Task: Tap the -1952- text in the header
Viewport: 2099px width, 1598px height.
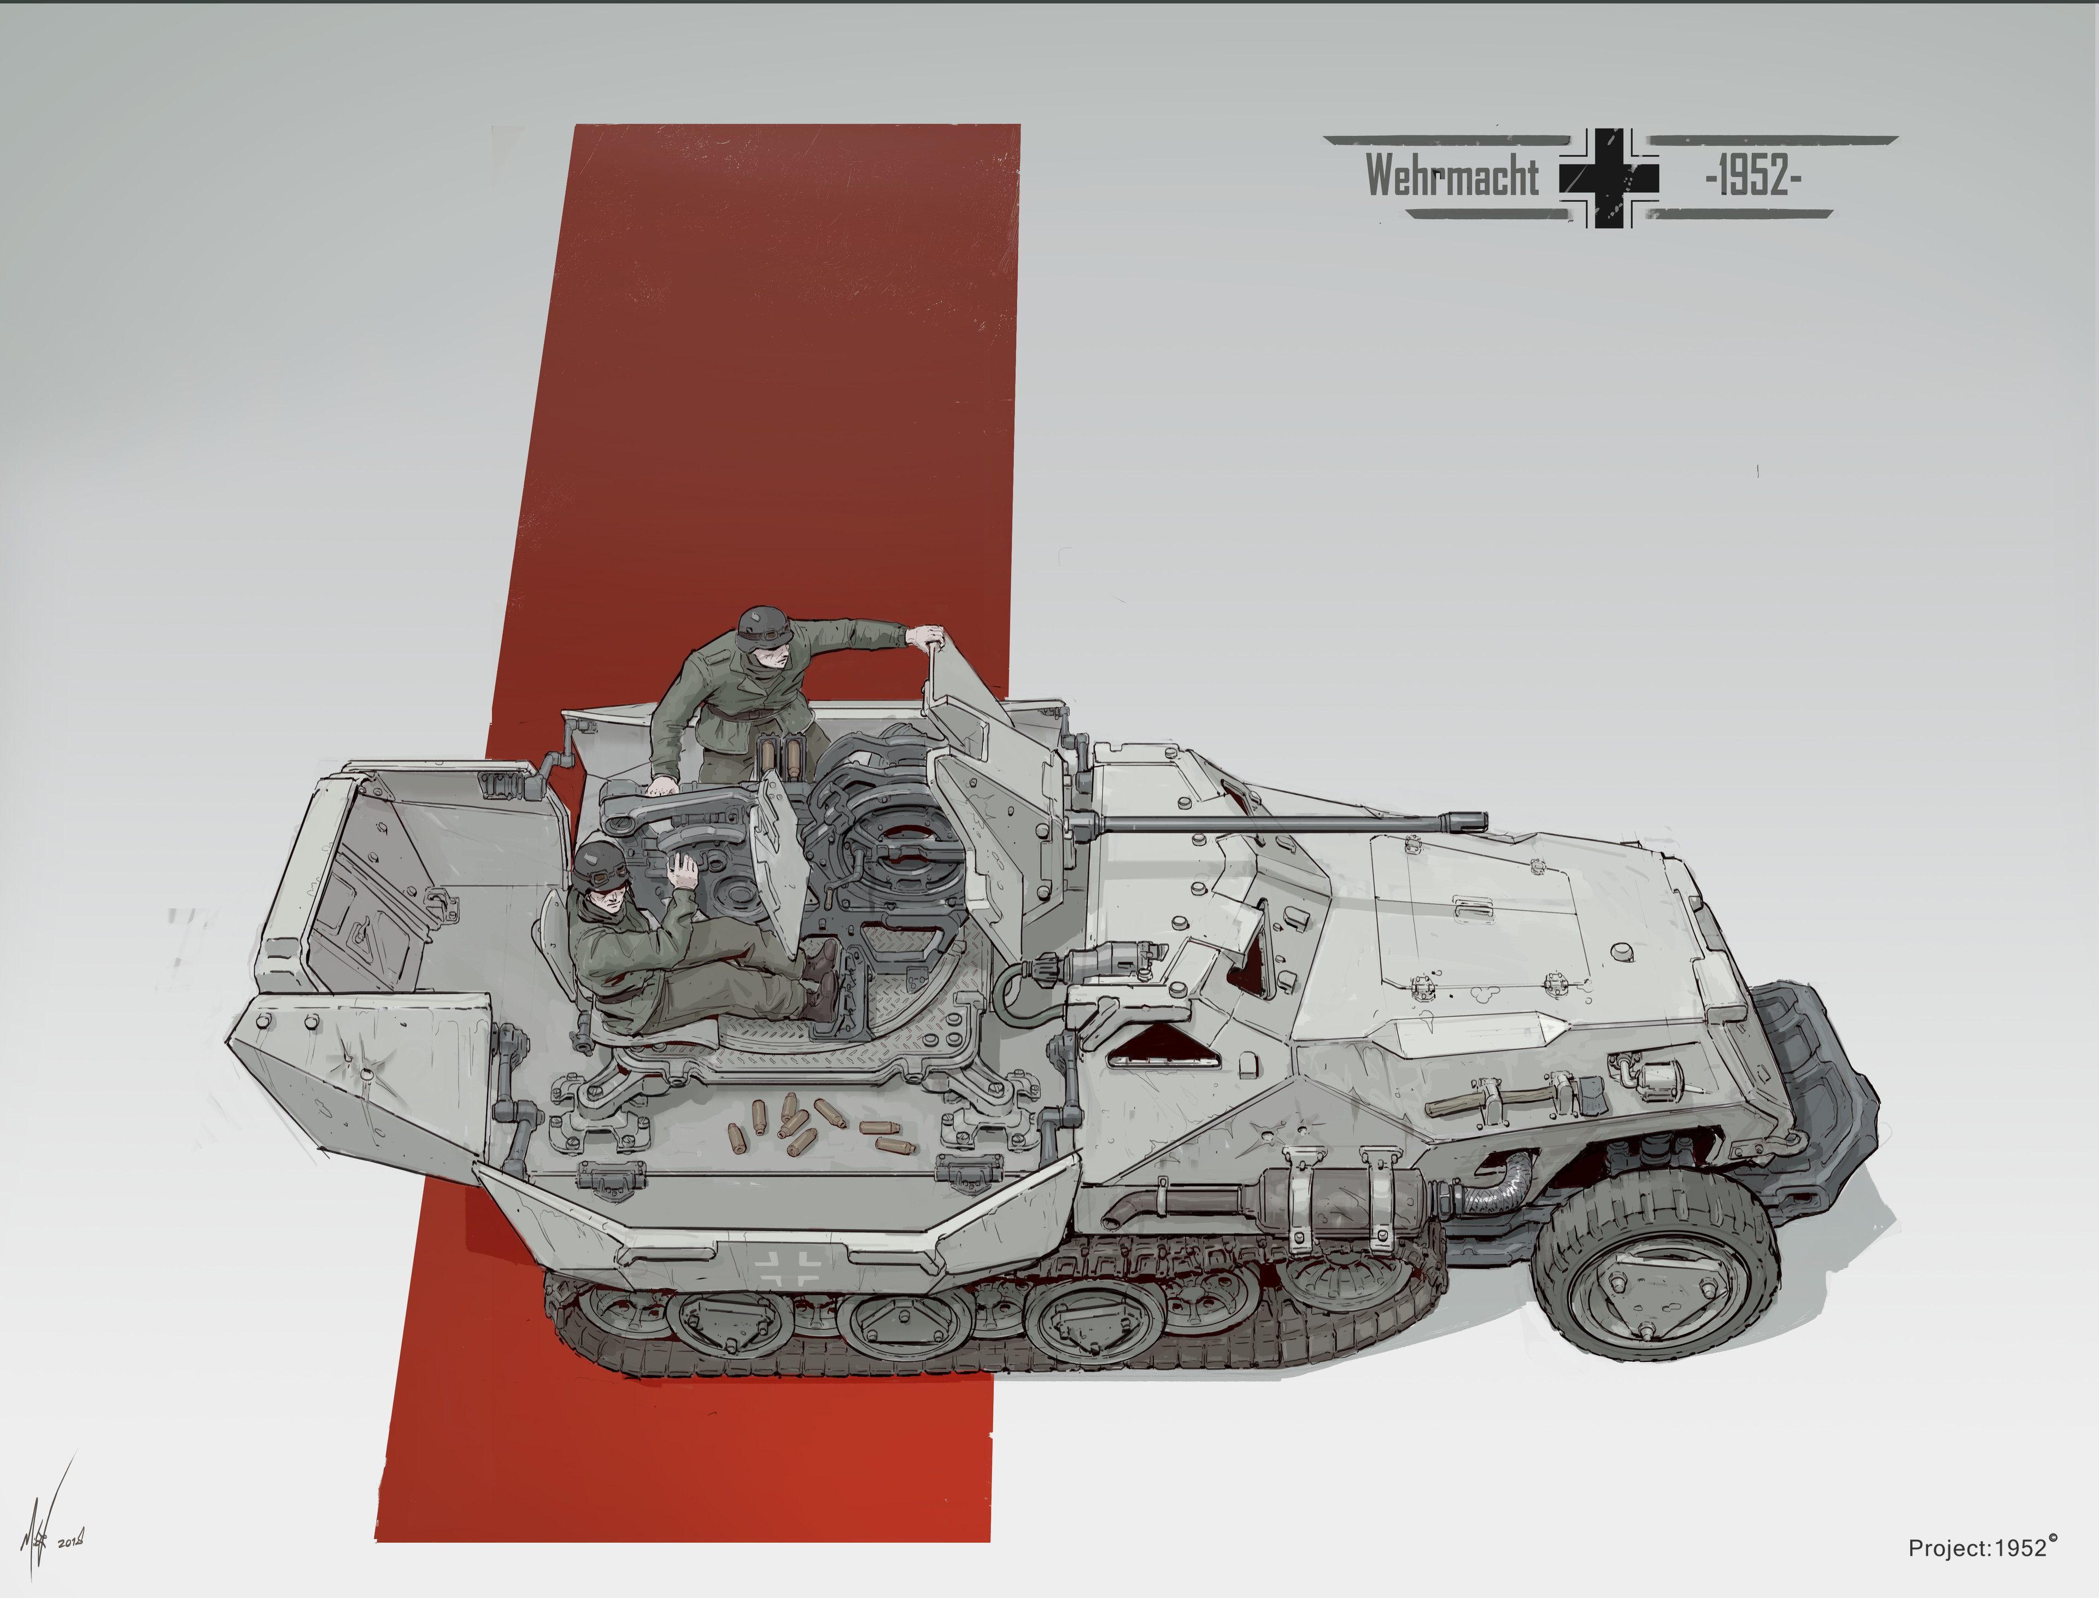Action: (x=1754, y=176)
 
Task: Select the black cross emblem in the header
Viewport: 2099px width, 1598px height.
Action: (x=1609, y=178)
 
